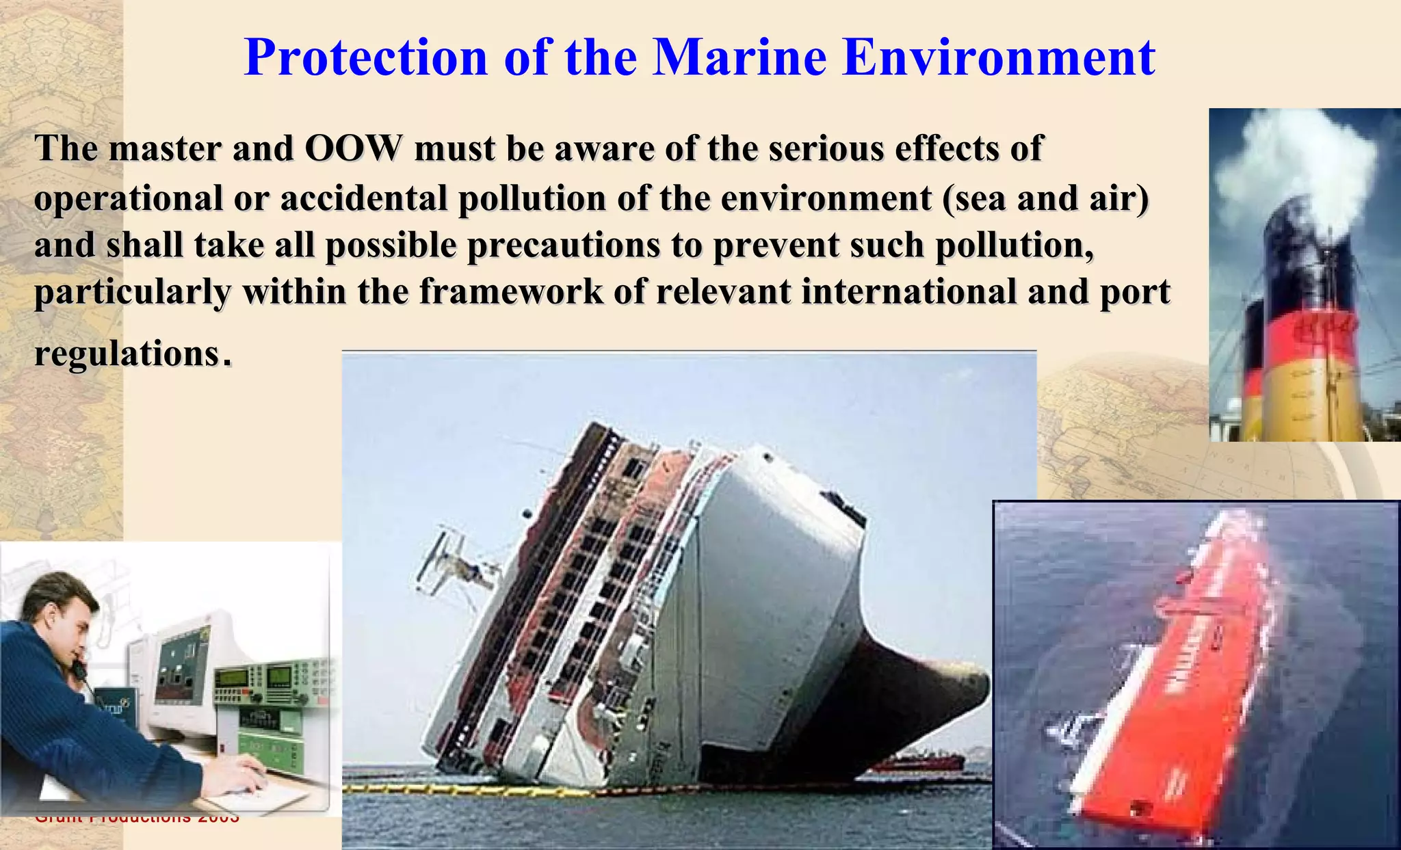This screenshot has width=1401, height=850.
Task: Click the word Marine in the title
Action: click(x=739, y=57)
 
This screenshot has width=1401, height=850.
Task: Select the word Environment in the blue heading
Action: click(x=999, y=57)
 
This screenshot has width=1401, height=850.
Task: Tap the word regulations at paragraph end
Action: click(x=127, y=354)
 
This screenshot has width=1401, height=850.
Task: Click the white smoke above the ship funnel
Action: click(x=1293, y=164)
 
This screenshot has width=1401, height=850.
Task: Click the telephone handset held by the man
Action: click(x=79, y=667)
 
